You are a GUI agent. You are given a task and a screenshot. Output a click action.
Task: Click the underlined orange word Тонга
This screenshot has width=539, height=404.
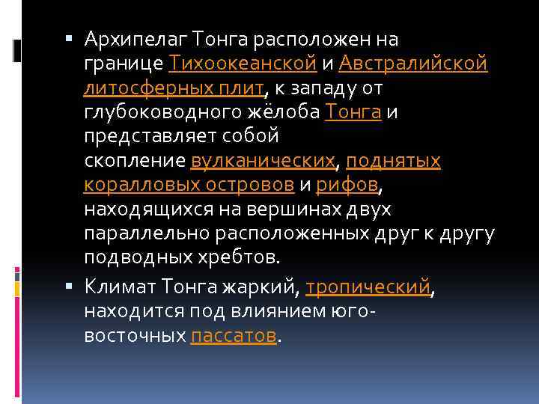click(x=354, y=112)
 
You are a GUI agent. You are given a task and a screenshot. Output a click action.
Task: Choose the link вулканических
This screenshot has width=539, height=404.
click(x=262, y=161)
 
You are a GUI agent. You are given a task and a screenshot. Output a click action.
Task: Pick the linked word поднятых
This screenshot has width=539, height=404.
click(x=393, y=161)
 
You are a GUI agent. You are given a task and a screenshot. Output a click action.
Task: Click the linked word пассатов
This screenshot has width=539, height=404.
click(x=234, y=337)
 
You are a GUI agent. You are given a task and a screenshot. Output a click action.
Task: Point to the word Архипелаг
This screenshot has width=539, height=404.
click(x=136, y=38)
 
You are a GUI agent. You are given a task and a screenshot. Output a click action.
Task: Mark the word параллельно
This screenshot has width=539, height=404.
click(x=147, y=234)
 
